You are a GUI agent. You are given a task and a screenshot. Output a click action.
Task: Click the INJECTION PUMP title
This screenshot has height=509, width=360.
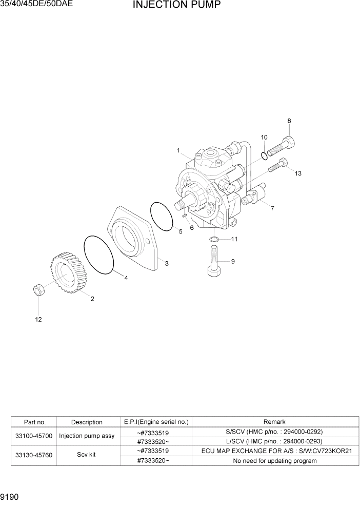coord(177,6)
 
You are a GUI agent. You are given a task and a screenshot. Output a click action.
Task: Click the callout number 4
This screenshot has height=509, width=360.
coord(126,278)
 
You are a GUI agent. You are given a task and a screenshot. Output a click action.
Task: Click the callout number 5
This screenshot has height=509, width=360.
coord(180,231)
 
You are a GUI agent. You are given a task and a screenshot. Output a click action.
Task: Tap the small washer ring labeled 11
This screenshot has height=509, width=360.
coord(215,239)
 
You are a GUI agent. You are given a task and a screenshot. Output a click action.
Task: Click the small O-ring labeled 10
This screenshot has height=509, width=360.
coord(263,155)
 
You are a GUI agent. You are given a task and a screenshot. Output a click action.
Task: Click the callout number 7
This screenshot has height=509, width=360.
coord(272,208)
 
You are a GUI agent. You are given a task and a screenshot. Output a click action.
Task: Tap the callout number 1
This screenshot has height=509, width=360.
coord(178,150)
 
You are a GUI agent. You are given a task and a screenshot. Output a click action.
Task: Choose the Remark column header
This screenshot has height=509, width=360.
coord(274,422)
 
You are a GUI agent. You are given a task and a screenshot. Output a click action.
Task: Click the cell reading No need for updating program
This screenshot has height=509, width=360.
coord(274,460)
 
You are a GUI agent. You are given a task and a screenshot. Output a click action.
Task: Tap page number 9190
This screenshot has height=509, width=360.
coord(11,498)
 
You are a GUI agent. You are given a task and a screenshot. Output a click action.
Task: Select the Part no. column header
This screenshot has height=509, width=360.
coord(35,422)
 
